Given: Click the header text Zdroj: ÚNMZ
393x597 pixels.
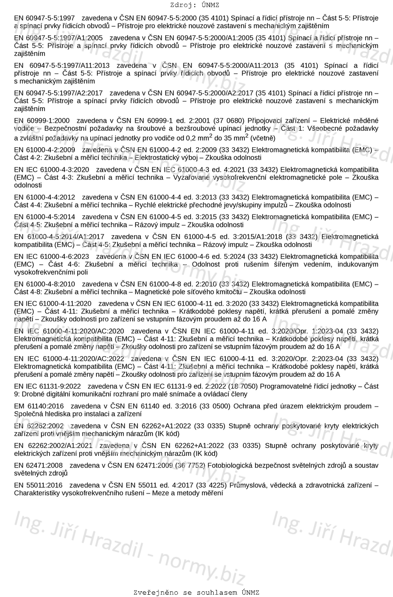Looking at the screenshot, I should click(196, 5).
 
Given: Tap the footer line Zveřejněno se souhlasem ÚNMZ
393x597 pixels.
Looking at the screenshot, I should click(196, 592).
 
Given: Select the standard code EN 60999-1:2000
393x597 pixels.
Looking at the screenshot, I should click(42, 120).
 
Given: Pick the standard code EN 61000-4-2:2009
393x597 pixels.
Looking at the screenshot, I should click(45, 150).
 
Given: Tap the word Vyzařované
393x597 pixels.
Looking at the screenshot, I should click(193, 177).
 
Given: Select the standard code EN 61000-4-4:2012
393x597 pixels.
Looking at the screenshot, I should click(45, 197).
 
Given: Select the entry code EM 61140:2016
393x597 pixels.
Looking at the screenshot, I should click(39, 406).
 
